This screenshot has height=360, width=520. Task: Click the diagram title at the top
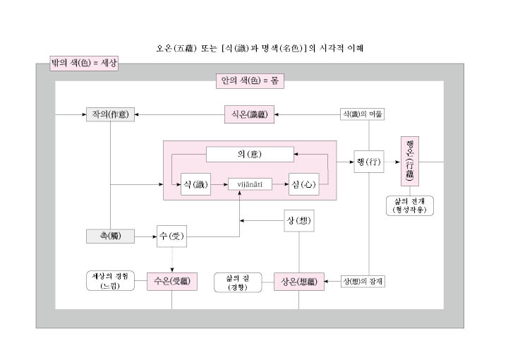259,49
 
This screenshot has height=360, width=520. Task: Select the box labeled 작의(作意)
109,114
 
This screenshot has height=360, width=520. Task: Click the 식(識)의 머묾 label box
363,114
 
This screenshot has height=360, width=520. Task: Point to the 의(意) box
250,154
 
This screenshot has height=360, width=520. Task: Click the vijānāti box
250,184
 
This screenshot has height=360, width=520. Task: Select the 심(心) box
304,184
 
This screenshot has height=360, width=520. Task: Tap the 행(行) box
369,162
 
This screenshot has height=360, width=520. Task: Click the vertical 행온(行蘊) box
411,162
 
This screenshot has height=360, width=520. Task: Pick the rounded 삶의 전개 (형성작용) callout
411,205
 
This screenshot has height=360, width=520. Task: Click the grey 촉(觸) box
109,236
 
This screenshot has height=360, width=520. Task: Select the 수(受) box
171,236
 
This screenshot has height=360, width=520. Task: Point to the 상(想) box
299,220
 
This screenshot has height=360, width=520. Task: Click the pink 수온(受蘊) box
171,281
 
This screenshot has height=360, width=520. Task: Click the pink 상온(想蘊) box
298,282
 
